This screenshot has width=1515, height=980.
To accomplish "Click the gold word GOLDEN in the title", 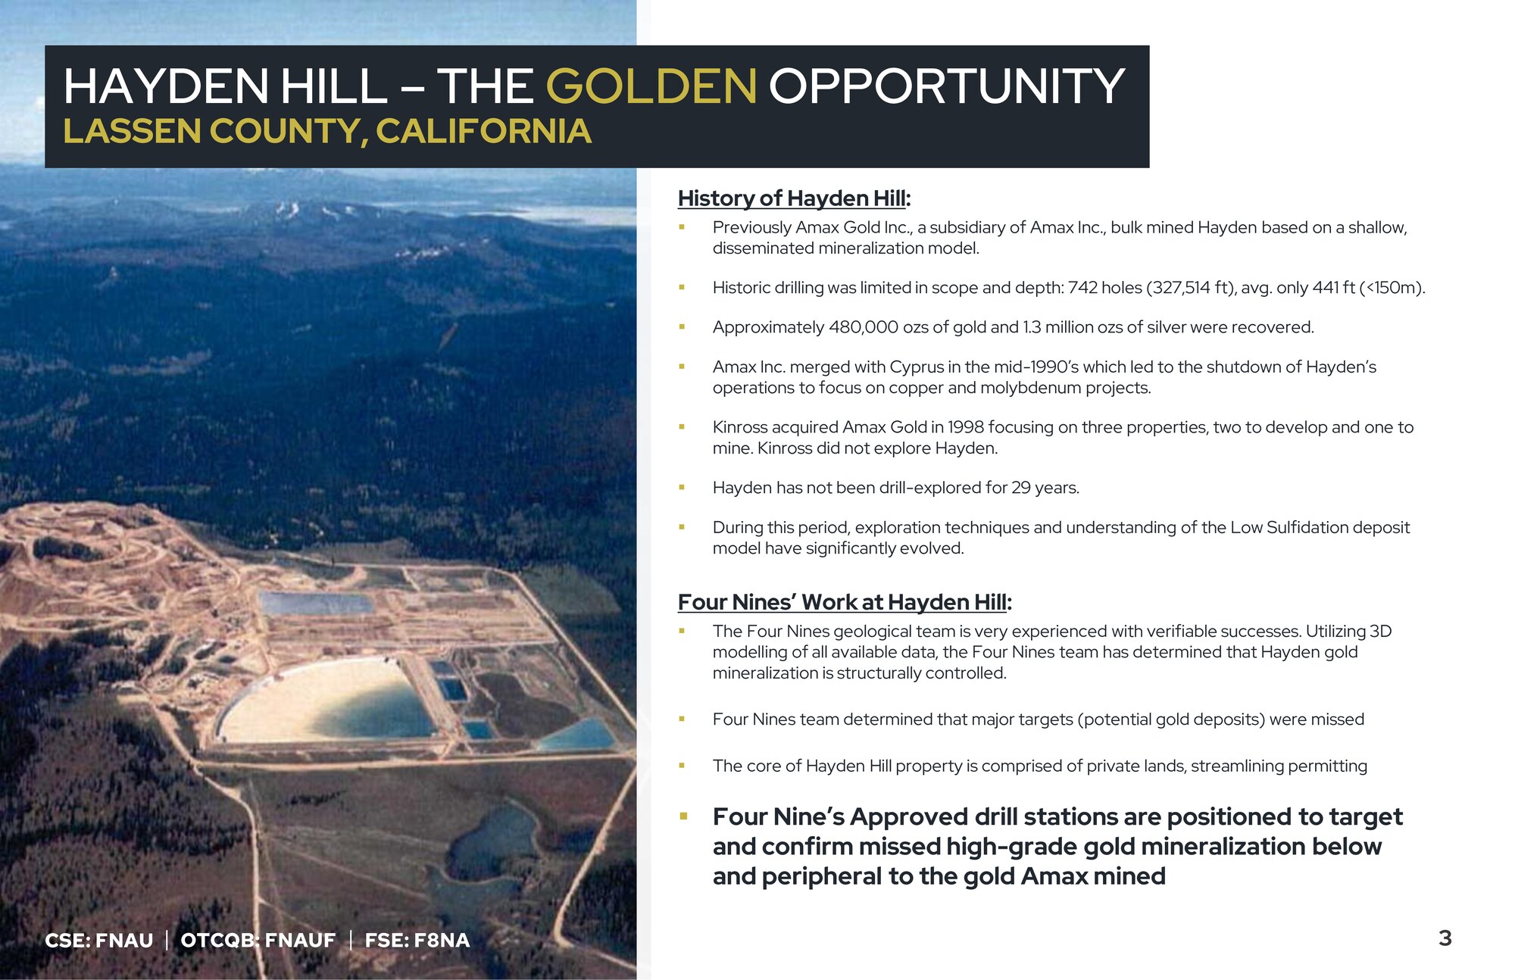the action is click(x=651, y=86).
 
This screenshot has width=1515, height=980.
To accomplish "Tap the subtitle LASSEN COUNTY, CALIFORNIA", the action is click(x=327, y=131).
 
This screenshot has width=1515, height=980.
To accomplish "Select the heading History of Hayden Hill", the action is click(x=794, y=198).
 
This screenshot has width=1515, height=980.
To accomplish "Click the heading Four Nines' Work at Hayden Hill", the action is click(x=845, y=602).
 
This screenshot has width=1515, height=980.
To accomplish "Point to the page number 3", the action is click(x=1445, y=938).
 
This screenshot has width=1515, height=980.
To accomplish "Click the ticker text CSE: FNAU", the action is click(x=99, y=941).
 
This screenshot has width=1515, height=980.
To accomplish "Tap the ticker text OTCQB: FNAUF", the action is click(x=258, y=941).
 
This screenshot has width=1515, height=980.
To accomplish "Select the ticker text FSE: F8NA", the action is click(x=417, y=941).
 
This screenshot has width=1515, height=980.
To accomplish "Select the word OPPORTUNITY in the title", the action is click(x=947, y=86).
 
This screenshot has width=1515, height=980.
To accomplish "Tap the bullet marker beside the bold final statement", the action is click(x=683, y=816).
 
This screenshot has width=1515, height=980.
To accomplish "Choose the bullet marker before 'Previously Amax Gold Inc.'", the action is click(x=682, y=227).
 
